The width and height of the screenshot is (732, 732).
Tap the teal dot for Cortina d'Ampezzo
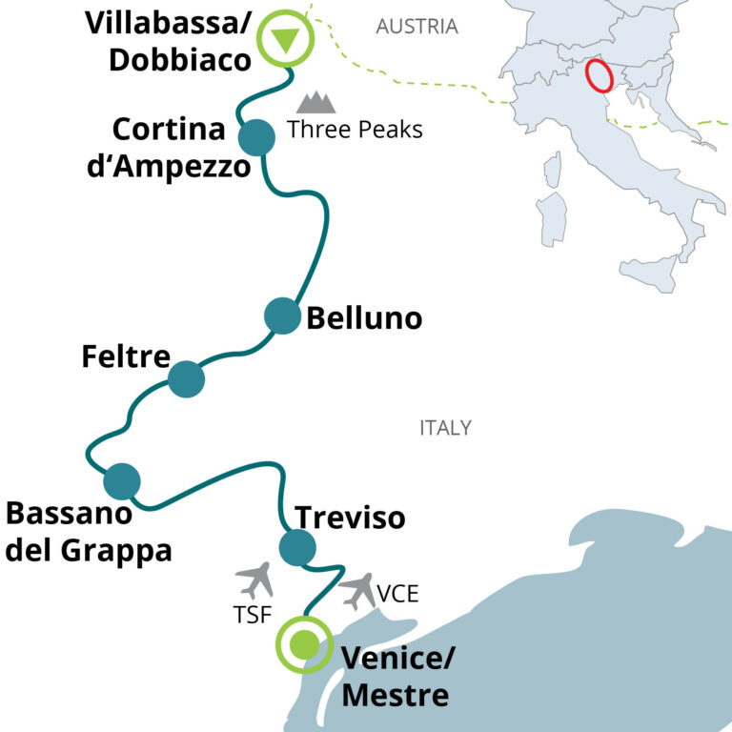[x=256, y=137]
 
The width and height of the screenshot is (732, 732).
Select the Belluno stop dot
[x=282, y=315]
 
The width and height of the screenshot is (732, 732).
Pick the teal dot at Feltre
[x=186, y=379]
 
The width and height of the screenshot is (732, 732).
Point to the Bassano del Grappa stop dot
[x=122, y=481]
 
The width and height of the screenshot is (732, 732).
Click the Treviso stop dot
[x=297, y=547]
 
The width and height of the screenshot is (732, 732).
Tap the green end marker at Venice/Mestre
[x=305, y=644]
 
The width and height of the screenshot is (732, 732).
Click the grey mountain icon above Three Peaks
[x=316, y=102]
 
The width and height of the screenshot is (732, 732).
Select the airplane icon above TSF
[x=254, y=580]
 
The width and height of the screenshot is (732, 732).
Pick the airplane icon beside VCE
[x=357, y=592]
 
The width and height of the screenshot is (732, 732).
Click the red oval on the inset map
[x=600, y=75]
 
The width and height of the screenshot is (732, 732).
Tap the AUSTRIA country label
[x=417, y=27]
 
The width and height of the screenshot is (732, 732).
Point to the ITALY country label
[x=445, y=428]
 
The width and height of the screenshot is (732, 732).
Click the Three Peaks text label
[x=355, y=130]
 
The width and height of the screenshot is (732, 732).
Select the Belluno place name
[x=364, y=318]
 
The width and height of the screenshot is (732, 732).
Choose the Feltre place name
[x=126, y=356]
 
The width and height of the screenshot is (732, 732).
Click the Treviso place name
[x=350, y=518]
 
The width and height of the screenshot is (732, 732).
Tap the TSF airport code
[x=253, y=615]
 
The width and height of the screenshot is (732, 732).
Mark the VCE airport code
[x=397, y=594]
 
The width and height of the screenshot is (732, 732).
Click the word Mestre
[x=395, y=695]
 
